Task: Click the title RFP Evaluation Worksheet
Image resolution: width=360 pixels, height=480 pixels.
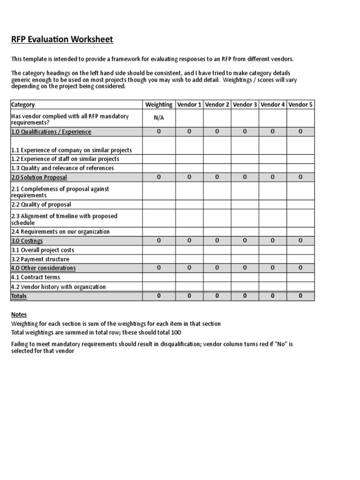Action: [62, 39]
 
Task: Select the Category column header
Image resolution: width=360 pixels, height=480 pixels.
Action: [22, 105]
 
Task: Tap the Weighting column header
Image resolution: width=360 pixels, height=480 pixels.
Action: [158, 105]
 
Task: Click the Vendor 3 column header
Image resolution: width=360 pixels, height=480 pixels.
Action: [245, 105]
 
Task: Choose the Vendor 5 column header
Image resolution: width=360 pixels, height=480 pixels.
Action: [300, 105]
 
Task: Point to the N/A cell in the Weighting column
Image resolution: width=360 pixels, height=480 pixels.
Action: [158, 118]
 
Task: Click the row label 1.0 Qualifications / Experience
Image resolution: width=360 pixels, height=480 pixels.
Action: [51, 132]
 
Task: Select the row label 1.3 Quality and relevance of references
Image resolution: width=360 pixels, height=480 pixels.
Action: [62, 168]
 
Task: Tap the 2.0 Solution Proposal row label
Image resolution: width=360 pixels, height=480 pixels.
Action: [39, 177]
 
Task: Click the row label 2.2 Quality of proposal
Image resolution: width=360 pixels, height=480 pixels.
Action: [41, 204]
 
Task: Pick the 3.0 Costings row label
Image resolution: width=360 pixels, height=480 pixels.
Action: [27, 240]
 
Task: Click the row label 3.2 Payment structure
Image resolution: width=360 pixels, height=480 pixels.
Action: [40, 259]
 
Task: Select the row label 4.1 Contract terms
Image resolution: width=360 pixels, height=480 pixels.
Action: [35, 277]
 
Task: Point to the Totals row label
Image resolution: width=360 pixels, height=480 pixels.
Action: [19, 296]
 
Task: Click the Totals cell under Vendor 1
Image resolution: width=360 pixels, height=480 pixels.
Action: [189, 296]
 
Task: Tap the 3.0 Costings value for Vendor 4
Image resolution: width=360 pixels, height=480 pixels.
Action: [272, 240]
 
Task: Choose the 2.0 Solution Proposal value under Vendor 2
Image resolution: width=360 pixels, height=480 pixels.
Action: [217, 177]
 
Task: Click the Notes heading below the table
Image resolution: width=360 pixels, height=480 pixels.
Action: [19, 315]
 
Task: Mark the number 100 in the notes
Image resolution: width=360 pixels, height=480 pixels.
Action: [175, 332]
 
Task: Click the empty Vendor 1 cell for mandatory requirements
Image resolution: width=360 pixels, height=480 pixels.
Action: [189, 118]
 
